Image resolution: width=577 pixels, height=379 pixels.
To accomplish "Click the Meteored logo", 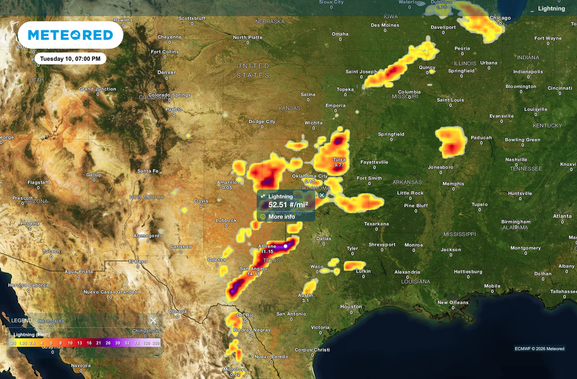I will coord(70,35).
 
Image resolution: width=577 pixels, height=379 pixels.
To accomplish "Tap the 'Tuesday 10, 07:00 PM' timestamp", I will coord(70,59).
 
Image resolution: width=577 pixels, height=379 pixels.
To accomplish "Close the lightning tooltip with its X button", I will coord(322,195).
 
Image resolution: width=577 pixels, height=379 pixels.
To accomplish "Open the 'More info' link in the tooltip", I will coord(281,217).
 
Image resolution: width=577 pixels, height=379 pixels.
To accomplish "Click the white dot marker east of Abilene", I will coord(286,246).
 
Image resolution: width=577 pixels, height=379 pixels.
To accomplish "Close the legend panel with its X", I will coord(153,320).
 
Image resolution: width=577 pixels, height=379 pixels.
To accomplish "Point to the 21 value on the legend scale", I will coord(99,342).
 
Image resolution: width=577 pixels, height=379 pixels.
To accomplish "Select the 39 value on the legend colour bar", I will coord(118,342).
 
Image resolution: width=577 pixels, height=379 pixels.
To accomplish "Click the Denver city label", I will coord(167,72).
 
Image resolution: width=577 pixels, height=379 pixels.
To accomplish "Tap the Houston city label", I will coord(351,307).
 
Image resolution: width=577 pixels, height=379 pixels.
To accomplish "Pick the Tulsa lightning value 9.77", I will coord(339,166).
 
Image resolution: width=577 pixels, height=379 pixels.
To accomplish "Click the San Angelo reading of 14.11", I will coord(254,274).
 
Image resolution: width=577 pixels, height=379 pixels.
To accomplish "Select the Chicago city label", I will coord(500,18).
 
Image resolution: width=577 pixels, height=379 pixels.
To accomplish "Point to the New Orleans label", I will coord(452,302).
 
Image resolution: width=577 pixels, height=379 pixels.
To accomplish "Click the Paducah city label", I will coord(481,137).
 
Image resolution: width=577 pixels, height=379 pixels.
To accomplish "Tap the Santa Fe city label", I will coord(148,171).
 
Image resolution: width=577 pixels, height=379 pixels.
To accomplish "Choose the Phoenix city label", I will coord(30,223).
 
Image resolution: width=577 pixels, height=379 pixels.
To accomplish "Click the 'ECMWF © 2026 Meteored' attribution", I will coord(539,349).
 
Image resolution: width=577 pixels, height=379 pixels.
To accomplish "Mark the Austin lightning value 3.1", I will coord(305,301).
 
